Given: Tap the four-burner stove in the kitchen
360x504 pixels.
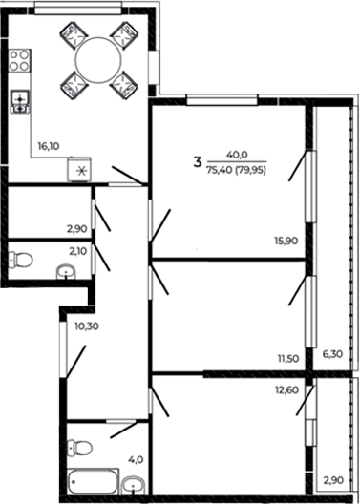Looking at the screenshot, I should tap(17, 65).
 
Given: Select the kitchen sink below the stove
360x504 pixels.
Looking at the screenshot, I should tap(17, 101).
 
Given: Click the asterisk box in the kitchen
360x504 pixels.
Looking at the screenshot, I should tap(80, 172).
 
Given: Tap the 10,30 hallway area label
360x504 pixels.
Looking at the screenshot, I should tap(84, 326).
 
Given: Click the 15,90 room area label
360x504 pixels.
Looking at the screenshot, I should tap(287, 241).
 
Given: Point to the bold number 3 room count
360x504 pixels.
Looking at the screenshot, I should tap(198, 163).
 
